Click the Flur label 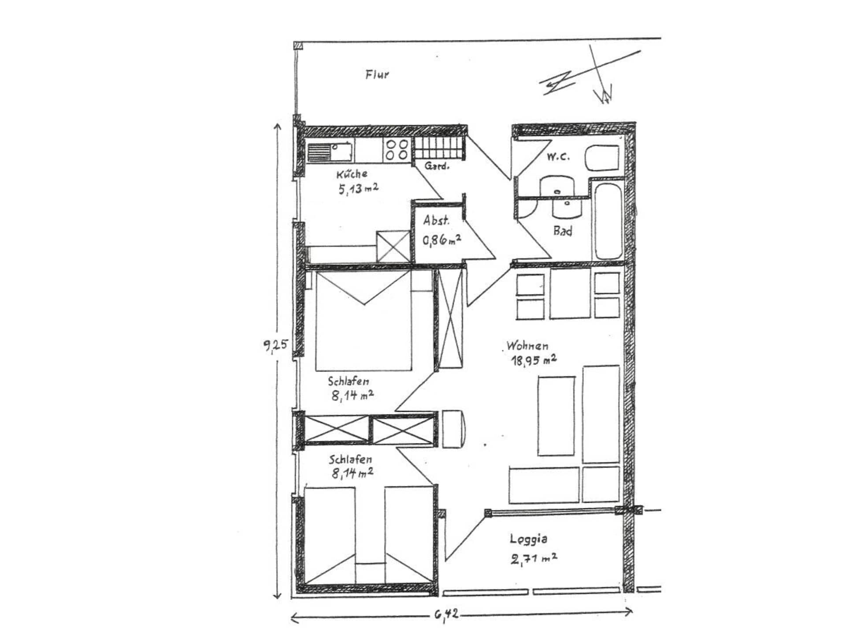coord(377,74)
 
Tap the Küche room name coord(352,173)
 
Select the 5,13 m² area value coord(358,189)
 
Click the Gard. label coord(437,166)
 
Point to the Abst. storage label coord(436,220)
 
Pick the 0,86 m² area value coord(442,240)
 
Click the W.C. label coord(558,156)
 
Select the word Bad coord(563,231)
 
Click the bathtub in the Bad coord(608,221)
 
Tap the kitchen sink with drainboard coord(330,152)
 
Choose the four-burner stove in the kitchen coord(397,150)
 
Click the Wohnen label coord(527,345)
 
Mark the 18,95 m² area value coord(534,360)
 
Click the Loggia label coord(529,539)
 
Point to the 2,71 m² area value coord(534,558)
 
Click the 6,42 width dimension coord(446,614)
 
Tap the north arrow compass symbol coord(590,75)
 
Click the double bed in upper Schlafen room coord(364,321)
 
